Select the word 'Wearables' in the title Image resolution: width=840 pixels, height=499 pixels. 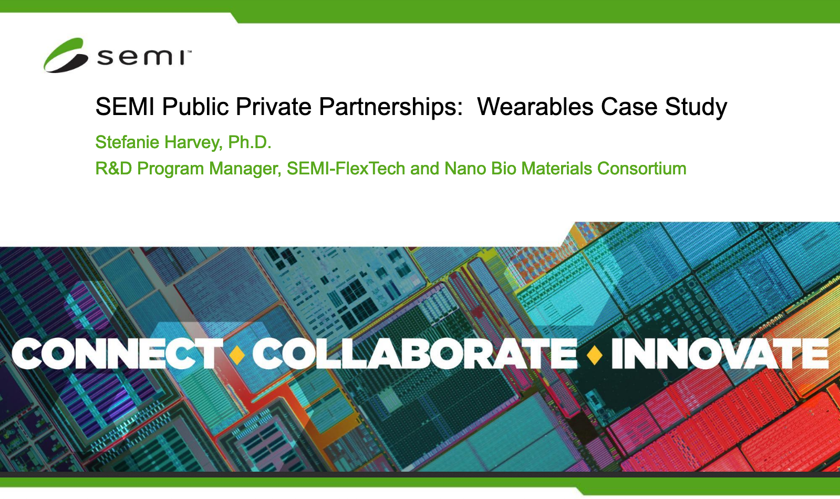[535, 107]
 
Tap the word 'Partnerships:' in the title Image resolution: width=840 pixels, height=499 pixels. [391, 107]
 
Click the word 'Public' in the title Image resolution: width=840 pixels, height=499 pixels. [195, 107]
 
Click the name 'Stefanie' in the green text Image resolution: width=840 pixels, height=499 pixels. [128, 142]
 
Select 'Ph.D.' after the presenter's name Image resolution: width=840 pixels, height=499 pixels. [250, 142]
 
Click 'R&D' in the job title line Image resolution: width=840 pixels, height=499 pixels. [113, 169]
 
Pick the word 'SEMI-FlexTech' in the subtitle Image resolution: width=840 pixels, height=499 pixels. [346, 169]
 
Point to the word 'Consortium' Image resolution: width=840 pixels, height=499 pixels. [641, 169]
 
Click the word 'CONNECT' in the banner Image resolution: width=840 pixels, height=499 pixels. [117, 354]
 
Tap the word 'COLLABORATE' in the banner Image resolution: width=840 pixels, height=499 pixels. [415, 354]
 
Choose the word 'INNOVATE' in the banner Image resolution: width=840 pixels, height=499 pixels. [720, 354]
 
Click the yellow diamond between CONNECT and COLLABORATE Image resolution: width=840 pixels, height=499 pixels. [237, 354]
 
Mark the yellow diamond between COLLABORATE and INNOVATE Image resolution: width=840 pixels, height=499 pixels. [594, 354]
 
